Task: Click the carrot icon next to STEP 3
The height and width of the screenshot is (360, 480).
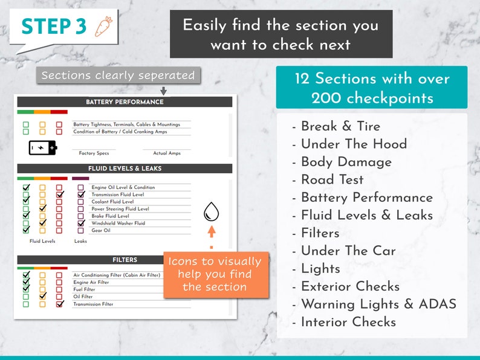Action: [x=103, y=27]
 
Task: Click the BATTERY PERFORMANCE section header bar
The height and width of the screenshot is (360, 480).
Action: [x=125, y=102]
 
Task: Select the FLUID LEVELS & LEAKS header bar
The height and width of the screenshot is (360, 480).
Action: [x=125, y=169]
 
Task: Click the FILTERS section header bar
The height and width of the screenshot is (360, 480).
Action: [x=125, y=260]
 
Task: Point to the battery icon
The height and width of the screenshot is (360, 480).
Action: [x=43, y=147]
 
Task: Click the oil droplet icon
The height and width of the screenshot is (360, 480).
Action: [x=212, y=211]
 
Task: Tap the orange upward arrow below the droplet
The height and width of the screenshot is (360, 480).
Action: [x=212, y=231]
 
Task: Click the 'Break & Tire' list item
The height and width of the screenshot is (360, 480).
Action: [x=341, y=126]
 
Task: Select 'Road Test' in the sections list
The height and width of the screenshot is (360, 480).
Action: [x=332, y=179]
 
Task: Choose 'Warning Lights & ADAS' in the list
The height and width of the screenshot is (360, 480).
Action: [x=378, y=304]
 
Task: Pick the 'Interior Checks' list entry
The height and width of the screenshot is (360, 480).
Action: [x=348, y=322]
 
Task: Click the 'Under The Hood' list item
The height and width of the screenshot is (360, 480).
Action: [x=354, y=144]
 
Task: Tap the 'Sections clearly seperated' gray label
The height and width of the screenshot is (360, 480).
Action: [x=118, y=76]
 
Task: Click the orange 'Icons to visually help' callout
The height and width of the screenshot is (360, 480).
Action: [x=215, y=274]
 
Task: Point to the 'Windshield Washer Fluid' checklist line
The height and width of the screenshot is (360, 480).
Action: [x=118, y=223]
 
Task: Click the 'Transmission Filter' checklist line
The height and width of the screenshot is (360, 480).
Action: [x=93, y=304]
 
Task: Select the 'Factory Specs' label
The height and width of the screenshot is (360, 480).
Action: [x=94, y=153]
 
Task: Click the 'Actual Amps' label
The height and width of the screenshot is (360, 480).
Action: [x=167, y=153]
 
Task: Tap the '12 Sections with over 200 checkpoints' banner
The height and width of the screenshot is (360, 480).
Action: [x=372, y=88]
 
